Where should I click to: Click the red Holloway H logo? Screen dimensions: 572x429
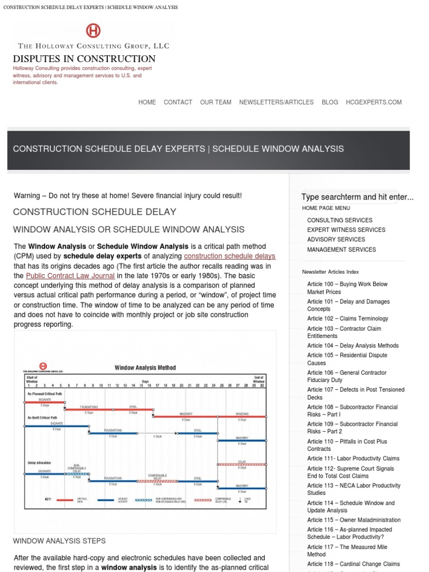pos(93,31)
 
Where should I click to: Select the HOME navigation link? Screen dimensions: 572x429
pos(147,102)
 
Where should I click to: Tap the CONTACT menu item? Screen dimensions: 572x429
pos(178,102)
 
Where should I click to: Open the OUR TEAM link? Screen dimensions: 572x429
pos(216,102)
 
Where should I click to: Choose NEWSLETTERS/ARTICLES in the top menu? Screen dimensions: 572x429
pos(276,102)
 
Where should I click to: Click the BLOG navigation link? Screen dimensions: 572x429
pos(330,102)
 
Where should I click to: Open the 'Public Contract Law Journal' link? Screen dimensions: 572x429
pos(70,276)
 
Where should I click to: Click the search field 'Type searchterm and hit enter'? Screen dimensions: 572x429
pos(357,197)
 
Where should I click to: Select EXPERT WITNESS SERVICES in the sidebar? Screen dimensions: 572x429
pos(346,230)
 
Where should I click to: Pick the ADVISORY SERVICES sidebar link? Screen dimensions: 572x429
pos(336,240)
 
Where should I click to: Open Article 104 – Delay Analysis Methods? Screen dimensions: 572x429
pos(352,346)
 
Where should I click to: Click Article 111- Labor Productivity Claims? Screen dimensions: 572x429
pos(353,459)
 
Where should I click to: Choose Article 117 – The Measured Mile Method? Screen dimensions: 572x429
pos(347,551)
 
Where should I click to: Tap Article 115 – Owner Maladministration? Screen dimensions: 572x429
pos(354,520)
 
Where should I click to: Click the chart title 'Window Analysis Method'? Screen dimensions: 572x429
pos(145,368)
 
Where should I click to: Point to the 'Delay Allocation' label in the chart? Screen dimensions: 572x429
pos(39,463)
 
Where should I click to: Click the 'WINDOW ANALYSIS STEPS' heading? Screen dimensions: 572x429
pos(59,541)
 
